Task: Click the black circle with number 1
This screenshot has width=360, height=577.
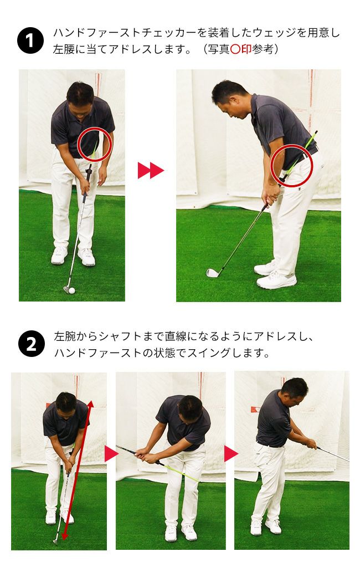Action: click(30, 40)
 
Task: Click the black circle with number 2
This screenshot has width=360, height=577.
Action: click(32, 344)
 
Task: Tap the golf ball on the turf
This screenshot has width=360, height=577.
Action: click(71, 290)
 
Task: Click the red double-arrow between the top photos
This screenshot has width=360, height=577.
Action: click(151, 170)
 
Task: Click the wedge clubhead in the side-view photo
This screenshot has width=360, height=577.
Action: click(213, 273)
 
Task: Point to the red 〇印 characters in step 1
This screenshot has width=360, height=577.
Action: click(241, 49)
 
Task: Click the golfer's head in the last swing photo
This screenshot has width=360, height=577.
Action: click(294, 392)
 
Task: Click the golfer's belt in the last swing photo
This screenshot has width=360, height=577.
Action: click(270, 444)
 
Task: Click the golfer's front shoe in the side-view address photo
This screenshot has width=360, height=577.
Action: click(276, 280)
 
